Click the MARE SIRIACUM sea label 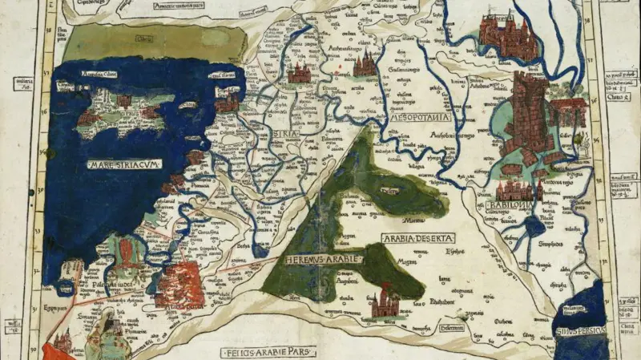pos(126,164)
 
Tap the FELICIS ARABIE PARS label pos(268,351)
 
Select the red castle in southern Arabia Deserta pos(385,302)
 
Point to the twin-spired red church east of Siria pos(365,63)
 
